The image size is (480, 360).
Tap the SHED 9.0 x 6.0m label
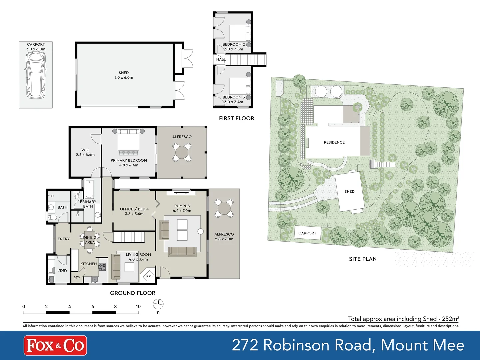pos(124,75)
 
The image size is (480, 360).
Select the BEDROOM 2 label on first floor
pos(234,44)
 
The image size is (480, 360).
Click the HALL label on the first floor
pos(221,59)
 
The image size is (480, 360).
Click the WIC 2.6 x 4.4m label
pos(85,152)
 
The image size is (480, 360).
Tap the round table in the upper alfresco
pos(182,153)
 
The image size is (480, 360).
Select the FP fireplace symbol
pos(148,276)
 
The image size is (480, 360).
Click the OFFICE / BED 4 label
pos(134,209)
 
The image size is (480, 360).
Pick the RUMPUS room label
pos(182,206)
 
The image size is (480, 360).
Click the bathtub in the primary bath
pos(89,189)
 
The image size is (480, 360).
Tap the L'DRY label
pos(62,271)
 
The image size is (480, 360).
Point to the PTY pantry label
pos(77,278)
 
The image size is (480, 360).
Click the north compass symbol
pos(158,304)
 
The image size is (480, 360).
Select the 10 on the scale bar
pos(138,307)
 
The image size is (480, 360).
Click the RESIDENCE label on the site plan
pos(334,142)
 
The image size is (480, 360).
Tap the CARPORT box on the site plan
pos(307,233)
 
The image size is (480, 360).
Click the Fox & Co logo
pos(55,345)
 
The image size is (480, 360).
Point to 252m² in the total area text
pos(450,319)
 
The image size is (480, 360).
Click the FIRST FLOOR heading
pos(236,118)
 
